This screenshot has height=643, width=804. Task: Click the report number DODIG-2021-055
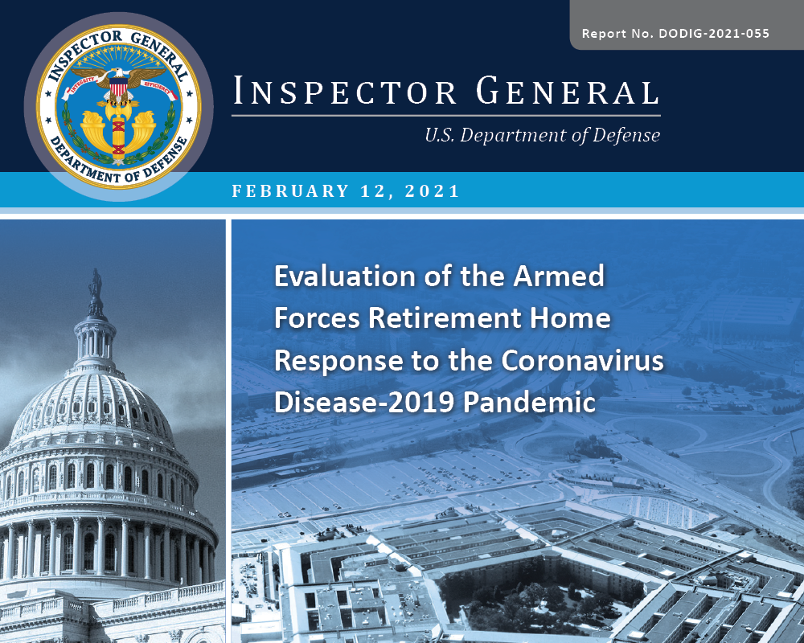pos(714,34)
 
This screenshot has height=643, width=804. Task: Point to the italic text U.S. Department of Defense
pos(542,136)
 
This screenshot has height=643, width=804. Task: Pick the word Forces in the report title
pos(316,319)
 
